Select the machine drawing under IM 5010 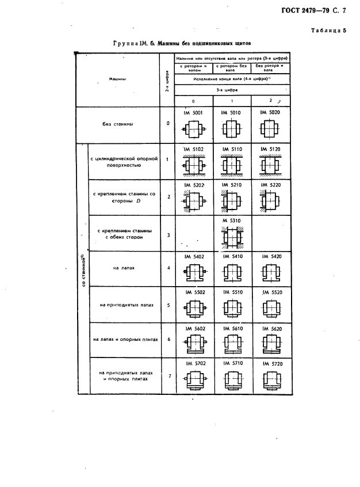click(x=232, y=130)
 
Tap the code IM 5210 click(x=232, y=185)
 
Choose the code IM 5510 click(x=232, y=292)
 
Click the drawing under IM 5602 click(x=194, y=346)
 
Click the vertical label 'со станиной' click(x=83, y=270)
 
